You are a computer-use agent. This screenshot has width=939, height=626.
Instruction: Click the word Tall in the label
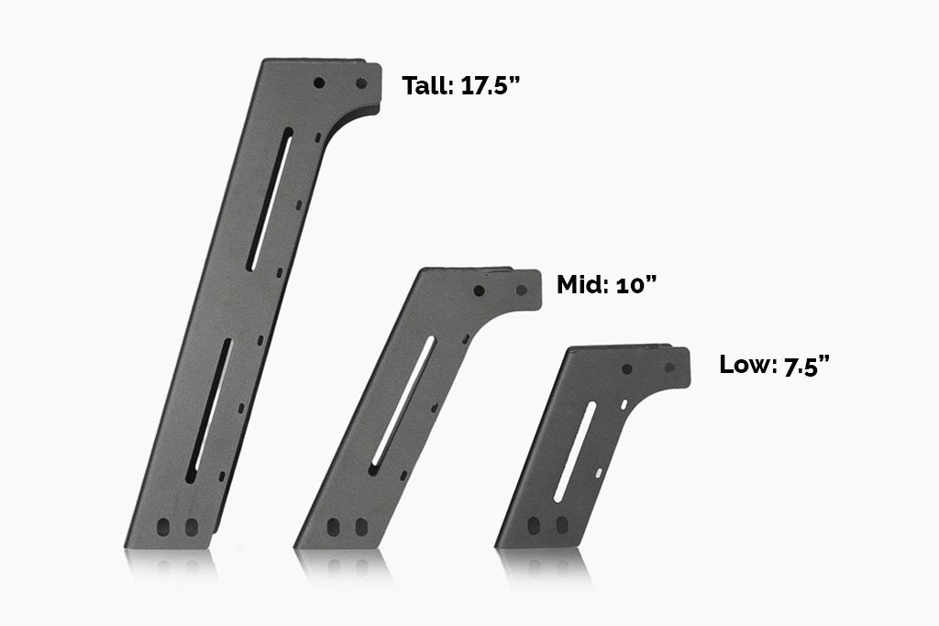(x=427, y=86)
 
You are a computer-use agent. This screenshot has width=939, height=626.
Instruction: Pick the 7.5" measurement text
(x=805, y=365)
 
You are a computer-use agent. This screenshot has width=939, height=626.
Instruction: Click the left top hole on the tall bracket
(x=319, y=82)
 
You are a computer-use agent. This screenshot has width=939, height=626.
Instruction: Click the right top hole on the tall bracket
(x=361, y=82)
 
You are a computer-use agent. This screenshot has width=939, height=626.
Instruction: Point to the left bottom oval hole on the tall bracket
(x=165, y=527)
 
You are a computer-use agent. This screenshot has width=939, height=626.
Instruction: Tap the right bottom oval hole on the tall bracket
(x=192, y=527)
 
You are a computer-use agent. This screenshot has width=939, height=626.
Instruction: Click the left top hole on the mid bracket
(x=480, y=291)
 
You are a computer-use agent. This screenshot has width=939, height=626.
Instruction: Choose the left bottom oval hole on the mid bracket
(x=333, y=527)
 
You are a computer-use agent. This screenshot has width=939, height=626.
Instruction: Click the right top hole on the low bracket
(x=669, y=368)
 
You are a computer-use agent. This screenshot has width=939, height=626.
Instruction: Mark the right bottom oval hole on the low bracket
(x=558, y=526)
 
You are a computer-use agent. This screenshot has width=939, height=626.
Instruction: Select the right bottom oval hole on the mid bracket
(x=360, y=527)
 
